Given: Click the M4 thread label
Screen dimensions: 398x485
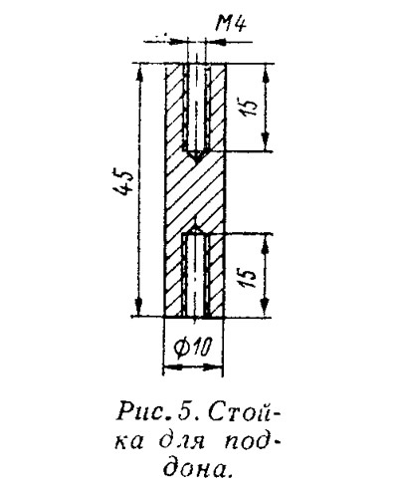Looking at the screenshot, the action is click(231, 24).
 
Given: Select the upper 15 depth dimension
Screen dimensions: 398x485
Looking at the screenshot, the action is click(250, 107).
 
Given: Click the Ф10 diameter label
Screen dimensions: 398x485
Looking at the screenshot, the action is click(193, 350).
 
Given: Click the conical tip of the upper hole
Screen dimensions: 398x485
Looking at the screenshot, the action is click(196, 156).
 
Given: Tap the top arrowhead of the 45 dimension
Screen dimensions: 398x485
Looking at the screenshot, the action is click(139, 72).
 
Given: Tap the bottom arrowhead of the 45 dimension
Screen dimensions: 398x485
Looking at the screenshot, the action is click(139, 308).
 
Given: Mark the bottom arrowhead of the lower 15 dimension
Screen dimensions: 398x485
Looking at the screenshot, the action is click(265, 308).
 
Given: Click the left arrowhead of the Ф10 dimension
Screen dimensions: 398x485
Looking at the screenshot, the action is click(172, 366).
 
